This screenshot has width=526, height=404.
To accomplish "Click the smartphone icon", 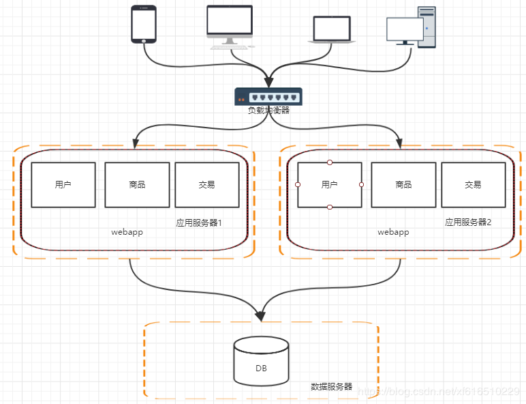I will point(144,25).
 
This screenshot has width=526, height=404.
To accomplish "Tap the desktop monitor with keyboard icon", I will point(230,26).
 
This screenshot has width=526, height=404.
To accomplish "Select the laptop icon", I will point(332,30).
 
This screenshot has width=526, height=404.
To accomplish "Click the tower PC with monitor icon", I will point(412,27).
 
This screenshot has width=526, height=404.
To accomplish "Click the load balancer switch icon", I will point(268,96).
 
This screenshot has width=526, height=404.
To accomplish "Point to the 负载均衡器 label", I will point(268,110).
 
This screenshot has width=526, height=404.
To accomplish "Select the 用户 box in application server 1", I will point(63,185).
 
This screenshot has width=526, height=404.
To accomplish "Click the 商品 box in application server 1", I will point(137,185).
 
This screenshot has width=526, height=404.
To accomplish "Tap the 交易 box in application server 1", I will point(207,185).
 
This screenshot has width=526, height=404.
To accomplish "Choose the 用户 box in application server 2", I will point(330,185).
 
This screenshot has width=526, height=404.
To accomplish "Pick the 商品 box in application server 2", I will point(403,185).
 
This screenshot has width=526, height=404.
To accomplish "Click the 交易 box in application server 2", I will point(474,185).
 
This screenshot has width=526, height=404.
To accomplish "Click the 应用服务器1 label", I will point(199,222).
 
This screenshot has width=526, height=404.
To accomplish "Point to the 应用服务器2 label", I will point(468,222).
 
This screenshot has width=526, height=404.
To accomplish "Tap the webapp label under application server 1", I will point(127,232).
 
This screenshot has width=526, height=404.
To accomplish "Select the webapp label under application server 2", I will point(393,232).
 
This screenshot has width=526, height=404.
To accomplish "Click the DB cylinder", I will point(261,360).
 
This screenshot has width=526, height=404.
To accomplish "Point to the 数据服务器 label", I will point(332,386).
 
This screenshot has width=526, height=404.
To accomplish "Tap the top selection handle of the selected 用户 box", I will point(330,162).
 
